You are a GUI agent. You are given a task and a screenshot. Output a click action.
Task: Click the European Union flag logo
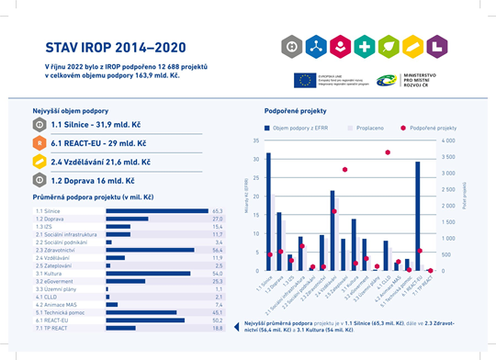click(306, 80)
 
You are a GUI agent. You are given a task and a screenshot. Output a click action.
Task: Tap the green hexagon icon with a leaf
click(388, 44)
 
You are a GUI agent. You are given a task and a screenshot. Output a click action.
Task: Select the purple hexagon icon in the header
click(339, 44)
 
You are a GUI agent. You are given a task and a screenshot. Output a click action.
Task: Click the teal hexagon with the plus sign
click(363, 44)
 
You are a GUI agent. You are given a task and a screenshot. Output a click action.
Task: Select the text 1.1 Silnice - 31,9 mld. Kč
click(95, 124)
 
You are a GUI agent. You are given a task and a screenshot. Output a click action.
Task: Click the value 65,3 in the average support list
click(219, 210)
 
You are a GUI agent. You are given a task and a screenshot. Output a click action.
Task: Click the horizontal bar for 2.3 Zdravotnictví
click(163, 250)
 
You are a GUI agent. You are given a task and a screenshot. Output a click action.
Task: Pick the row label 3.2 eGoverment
click(51, 281)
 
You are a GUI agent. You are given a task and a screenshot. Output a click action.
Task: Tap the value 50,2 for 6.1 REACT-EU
click(219, 321)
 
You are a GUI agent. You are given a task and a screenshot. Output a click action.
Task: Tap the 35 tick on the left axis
click(254, 141)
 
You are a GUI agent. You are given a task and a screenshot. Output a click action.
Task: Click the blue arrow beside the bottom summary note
click(239, 324)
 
